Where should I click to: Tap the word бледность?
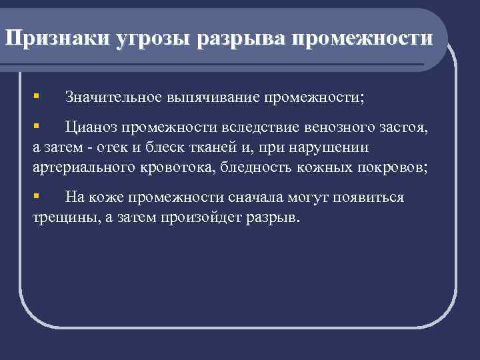click(x=257, y=167)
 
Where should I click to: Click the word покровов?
click(x=391, y=167)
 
